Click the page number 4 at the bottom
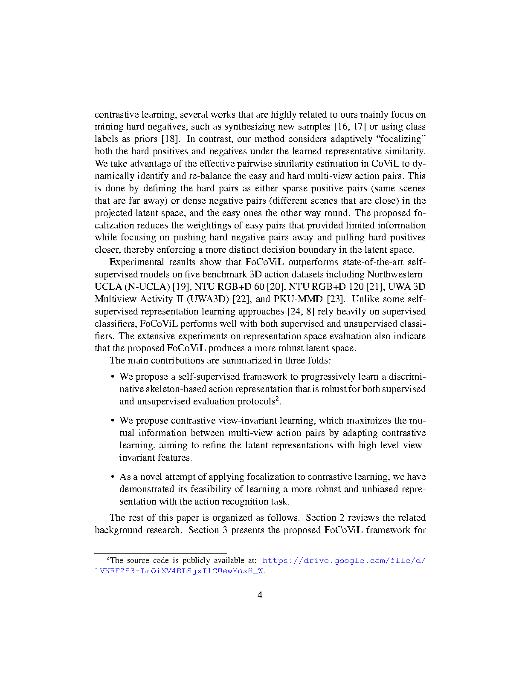tap(260, 595)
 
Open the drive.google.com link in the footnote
tap(344, 560)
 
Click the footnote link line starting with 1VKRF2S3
tap(179, 571)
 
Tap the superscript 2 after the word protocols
tap(277, 399)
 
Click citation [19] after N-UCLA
tap(182, 286)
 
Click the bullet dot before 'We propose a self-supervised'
tap(113, 377)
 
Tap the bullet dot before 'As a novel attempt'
tap(113, 477)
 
